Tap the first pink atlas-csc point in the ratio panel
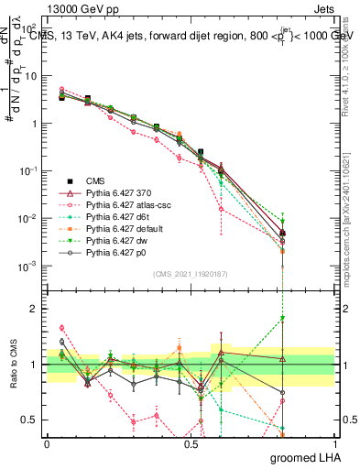61,327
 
